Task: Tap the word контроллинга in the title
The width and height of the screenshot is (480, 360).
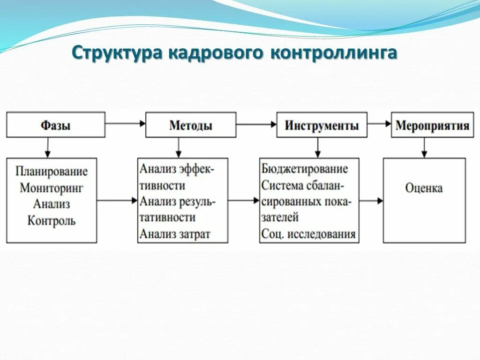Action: (x=333, y=53)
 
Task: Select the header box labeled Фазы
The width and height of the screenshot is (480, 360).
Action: (x=55, y=125)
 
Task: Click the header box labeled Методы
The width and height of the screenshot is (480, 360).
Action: (x=191, y=125)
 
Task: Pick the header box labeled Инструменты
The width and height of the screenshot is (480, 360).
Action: (x=322, y=125)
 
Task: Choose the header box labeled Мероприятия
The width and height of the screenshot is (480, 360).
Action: (x=432, y=125)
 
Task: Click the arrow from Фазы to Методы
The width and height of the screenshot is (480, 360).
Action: (x=125, y=124)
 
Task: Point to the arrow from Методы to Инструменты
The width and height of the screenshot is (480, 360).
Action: (x=256, y=124)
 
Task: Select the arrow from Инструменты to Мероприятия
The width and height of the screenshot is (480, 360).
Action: (x=379, y=124)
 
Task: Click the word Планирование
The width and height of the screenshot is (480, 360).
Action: (x=52, y=171)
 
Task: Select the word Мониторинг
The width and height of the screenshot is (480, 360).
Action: (x=52, y=187)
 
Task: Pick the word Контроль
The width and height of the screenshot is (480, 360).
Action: (x=52, y=220)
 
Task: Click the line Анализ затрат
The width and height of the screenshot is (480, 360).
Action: (x=175, y=233)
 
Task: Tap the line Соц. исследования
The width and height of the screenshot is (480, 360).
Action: (x=308, y=233)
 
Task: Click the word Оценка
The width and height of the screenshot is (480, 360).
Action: (x=424, y=188)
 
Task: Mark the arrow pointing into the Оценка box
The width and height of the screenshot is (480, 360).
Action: (x=371, y=201)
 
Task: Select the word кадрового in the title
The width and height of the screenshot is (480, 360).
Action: (x=219, y=53)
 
